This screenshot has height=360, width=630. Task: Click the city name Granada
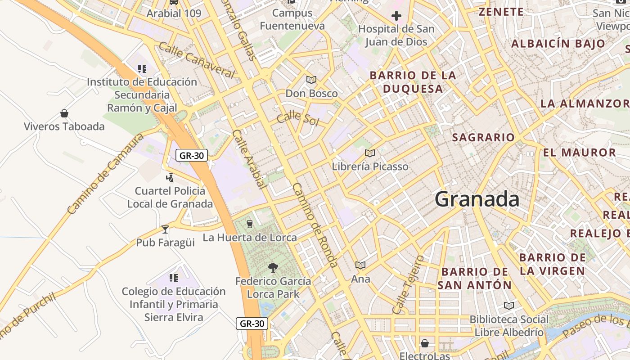tap(477, 199)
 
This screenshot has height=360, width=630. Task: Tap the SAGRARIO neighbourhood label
tap(483, 138)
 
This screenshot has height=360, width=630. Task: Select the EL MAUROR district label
tap(579, 153)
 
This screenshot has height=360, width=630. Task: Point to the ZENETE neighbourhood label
tap(501, 12)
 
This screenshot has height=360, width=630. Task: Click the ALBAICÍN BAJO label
tap(558, 44)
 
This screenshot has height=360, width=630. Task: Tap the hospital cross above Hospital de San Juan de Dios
tap(396, 17)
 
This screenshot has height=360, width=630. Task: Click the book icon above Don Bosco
tap(311, 80)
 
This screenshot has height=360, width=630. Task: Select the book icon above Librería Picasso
tap(370, 153)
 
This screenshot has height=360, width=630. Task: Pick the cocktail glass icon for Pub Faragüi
tap(165, 229)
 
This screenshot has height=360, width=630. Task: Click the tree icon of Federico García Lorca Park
tap(273, 268)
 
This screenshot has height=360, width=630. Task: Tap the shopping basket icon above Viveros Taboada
tap(64, 113)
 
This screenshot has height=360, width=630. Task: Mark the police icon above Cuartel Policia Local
tap(170, 178)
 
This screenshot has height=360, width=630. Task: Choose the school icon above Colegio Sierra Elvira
tap(173, 278)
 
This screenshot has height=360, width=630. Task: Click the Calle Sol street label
tap(297, 119)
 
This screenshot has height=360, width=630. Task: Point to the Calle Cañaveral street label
tap(197, 60)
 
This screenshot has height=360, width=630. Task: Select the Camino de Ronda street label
tap(315, 225)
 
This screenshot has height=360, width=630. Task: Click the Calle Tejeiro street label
tap(408, 285)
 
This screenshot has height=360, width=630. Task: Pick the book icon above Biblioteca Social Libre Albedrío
tap(508, 306)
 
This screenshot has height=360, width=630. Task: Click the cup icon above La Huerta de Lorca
tap(250, 224)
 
